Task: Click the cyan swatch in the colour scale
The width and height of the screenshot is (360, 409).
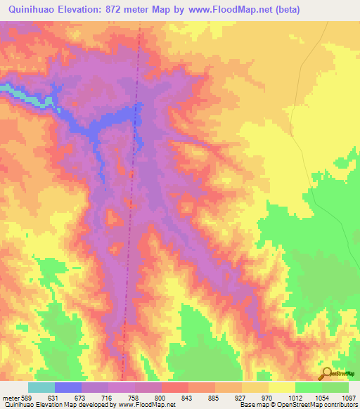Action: coord(41,387)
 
